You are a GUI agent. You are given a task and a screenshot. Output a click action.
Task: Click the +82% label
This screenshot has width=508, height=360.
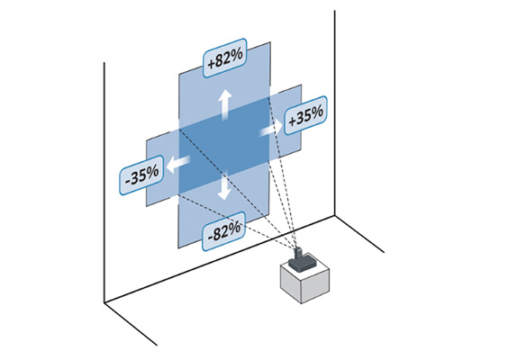pos(225,58)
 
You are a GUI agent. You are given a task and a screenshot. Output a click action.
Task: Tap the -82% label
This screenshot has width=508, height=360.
pos(223,231)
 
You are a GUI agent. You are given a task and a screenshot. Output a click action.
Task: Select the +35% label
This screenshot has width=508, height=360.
pos(305,115)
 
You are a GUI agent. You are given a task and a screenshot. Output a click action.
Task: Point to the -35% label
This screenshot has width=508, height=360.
pos(141,175)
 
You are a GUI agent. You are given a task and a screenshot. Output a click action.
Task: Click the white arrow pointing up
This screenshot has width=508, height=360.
pos(224,104)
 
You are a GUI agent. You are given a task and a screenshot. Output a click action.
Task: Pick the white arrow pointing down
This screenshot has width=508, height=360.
pos(224,184)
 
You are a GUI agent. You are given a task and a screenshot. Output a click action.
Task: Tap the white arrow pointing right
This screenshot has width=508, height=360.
pos(271,130)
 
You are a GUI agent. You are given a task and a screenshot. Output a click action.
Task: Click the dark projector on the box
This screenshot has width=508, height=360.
pos(302,260)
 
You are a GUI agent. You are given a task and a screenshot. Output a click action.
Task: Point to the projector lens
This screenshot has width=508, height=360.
pos(298,251)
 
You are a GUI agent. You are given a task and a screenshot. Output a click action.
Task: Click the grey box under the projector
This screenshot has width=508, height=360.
pos(304,278)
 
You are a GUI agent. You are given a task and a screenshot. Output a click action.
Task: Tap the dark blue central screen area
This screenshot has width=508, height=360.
pos(224,145)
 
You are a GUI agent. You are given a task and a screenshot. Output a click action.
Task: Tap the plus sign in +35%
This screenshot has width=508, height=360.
pos(292,121)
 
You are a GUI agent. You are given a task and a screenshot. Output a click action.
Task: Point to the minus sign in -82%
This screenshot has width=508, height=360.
pos(210,237)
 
